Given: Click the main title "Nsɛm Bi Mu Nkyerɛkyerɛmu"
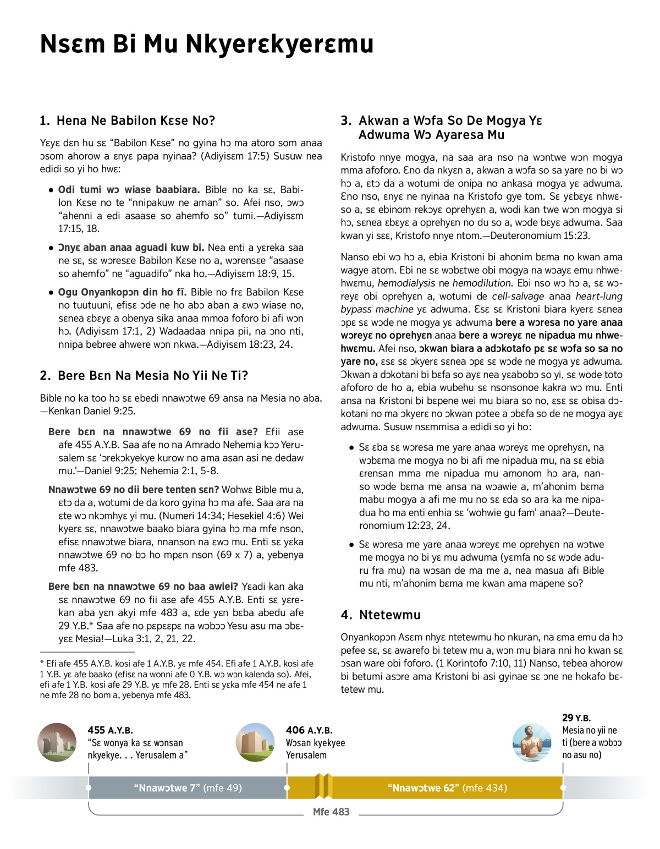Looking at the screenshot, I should pos(206,44).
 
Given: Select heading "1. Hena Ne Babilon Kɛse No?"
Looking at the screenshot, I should pos(127,120).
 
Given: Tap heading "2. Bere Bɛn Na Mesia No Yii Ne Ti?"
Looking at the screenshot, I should pos(144,375).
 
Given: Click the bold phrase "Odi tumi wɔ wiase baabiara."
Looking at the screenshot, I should pos(129,190).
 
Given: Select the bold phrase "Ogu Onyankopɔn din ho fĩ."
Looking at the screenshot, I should pos(122,292).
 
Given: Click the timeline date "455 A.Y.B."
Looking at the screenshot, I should pos(110,730).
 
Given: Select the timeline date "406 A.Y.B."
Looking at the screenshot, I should pos(309,730).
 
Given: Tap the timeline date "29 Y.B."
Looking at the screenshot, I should pos(576,718).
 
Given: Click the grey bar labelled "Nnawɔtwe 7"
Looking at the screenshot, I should pos(188,788).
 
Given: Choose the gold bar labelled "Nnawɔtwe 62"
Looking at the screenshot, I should pos(447,788).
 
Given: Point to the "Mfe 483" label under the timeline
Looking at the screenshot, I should pos(331,812).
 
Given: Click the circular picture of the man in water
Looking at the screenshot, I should pos(531,742).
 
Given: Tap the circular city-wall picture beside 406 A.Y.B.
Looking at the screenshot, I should pos(255,742).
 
